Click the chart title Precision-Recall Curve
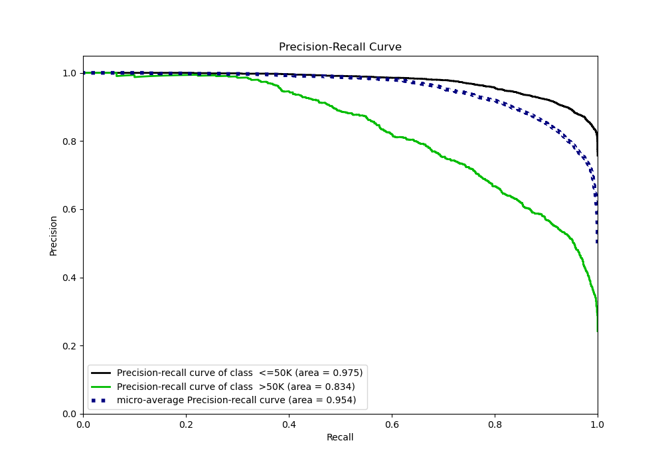click(340, 47)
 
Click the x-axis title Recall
click(340, 437)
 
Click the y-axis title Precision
click(54, 235)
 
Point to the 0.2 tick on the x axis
click(186, 424)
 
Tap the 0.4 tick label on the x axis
click(289, 424)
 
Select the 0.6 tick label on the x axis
click(392, 424)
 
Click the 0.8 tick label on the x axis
click(495, 424)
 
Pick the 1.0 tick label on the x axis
click(598, 424)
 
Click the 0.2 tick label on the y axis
click(70, 346)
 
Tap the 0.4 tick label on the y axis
click(70, 278)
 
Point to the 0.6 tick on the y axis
click(70, 209)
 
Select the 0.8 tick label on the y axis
click(70, 141)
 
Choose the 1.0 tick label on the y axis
click(70, 73)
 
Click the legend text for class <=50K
click(240, 373)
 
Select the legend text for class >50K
click(236, 387)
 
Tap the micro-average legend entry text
click(236, 400)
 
